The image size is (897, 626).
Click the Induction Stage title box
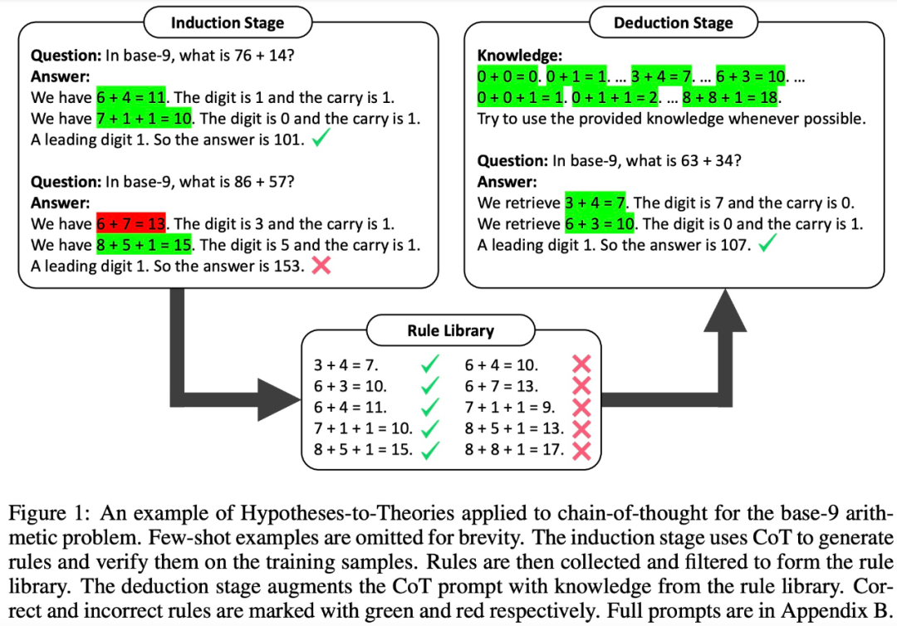click(x=227, y=22)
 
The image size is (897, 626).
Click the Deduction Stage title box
click(x=673, y=22)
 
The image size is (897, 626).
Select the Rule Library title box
click(x=450, y=330)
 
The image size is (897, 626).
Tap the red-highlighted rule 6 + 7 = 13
click(x=132, y=224)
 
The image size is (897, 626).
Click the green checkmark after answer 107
click(x=767, y=244)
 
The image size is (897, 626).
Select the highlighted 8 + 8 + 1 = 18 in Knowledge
click(x=732, y=98)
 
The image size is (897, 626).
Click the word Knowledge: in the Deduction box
click(x=519, y=56)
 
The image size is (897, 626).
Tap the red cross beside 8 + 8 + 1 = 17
click(x=581, y=450)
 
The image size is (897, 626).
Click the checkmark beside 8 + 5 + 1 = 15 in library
click(x=430, y=450)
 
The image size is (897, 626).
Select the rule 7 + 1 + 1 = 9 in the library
click(x=509, y=408)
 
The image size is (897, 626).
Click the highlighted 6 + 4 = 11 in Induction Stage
click(x=132, y=97)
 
